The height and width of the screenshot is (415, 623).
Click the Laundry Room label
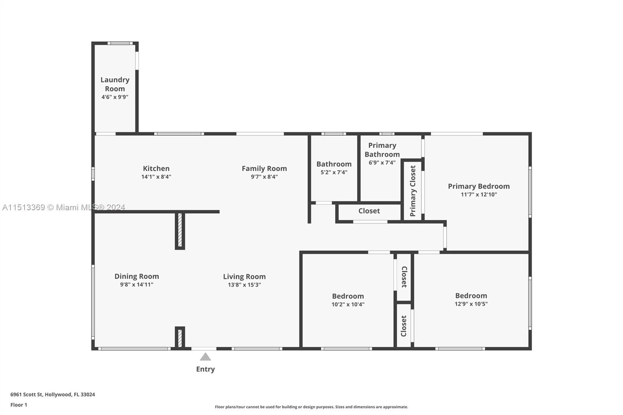click(x=115, y=84)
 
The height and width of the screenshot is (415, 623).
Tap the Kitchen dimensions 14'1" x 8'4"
click(x=156, y=177)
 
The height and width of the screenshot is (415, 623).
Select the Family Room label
click(x=264, y=168)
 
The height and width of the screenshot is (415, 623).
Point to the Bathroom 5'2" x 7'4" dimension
click(x=334, y=172)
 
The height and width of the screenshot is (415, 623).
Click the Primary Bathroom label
click(x=382, y=149)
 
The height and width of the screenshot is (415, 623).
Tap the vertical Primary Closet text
click(x=413, y=191)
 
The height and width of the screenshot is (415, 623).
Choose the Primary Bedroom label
click(x=479, y=186)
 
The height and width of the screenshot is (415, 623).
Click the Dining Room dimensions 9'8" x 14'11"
click(x=137, y=284)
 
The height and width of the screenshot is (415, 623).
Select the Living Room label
click(x=244, y=276)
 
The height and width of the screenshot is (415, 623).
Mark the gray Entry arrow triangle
click(x=205, y=357)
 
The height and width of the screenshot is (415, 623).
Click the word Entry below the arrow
click(x=205, y=369)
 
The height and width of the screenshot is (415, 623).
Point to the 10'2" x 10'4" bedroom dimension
click(x=348, y=304)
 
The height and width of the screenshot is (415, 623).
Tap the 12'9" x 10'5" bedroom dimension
click(x=471, y=304)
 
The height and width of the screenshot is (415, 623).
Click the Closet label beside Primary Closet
click(x=369, y=211)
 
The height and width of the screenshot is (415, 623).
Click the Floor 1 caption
click(x=19, y=405)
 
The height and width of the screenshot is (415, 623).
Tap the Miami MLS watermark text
click(x=64, y=207)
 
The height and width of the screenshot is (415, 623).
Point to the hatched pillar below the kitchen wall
click(x=180, y=230)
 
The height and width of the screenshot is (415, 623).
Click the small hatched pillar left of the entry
click(x=180, y=338)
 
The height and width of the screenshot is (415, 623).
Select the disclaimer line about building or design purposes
click(x=311, y=407)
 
